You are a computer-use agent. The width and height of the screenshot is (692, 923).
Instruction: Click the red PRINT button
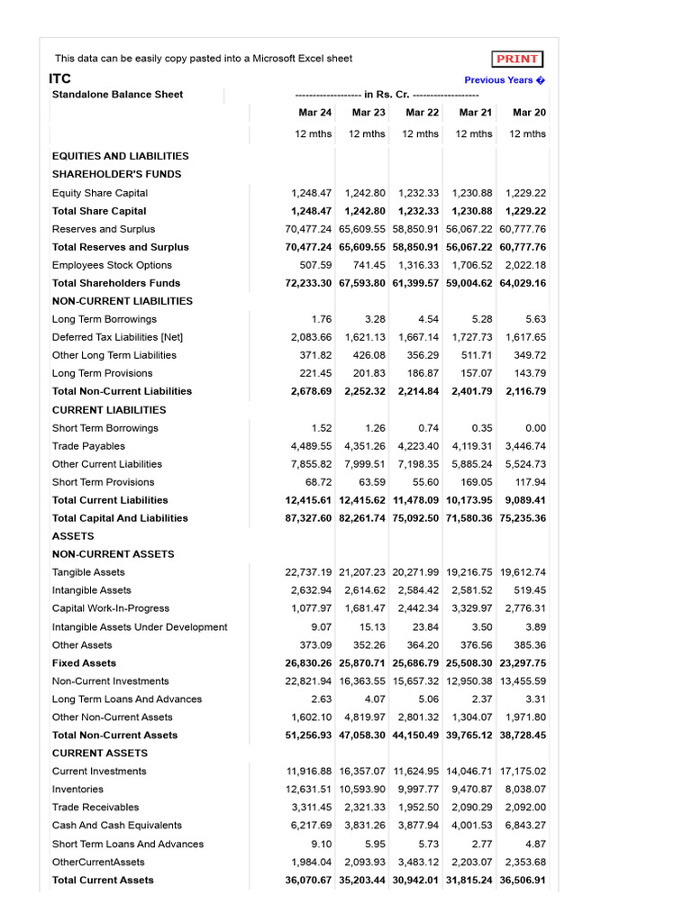coord(518,59)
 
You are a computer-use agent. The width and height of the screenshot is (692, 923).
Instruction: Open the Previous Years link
coord(505,80)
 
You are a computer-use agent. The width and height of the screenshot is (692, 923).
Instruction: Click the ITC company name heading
coord(59,78)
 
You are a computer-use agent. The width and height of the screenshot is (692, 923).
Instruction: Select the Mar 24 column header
coord(315,113)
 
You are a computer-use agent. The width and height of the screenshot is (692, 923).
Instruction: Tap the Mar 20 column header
coord(529,113)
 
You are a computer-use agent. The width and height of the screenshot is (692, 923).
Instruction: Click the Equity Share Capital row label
coord(100,193)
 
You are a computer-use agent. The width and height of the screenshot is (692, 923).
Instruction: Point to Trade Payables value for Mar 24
coord(311,446)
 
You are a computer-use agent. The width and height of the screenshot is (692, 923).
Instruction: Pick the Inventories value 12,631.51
coord(308,790)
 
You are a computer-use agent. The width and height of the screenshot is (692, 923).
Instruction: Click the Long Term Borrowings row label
coord(105,319)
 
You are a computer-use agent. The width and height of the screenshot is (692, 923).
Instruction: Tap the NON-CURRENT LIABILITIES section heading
coord(123,301)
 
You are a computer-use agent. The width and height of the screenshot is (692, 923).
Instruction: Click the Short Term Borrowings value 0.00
coord(533,428)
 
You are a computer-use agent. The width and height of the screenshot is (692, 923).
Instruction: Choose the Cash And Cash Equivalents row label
coord(117,826)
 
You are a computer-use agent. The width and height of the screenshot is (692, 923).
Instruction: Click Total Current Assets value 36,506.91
coord(523,880)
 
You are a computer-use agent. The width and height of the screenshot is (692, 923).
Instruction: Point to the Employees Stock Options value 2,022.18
coord(525,265)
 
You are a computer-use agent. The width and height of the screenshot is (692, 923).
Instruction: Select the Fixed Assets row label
coord(83,663)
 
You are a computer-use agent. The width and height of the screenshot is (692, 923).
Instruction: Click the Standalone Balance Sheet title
coord(117,95)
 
